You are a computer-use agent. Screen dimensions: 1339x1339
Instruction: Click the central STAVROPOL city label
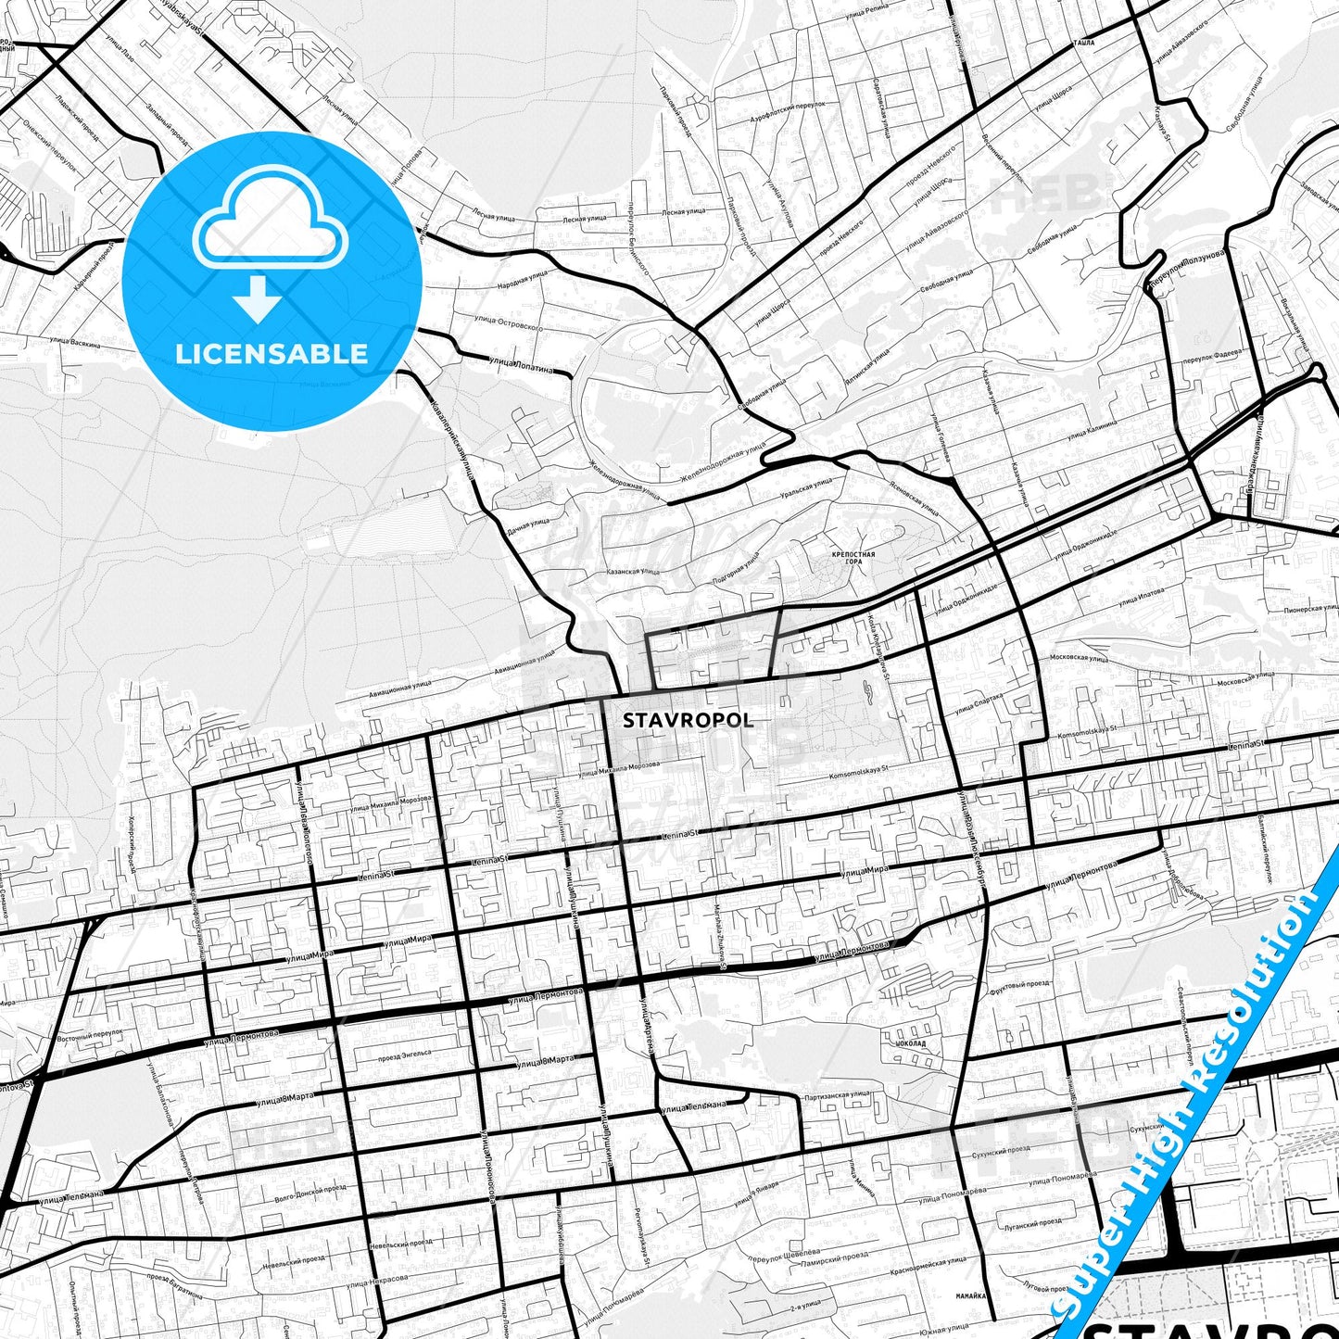[x=688, y=720]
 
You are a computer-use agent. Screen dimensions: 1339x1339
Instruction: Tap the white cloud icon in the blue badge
[x=270, y=222]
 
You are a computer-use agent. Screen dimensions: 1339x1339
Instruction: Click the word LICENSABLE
[x=272, y=353]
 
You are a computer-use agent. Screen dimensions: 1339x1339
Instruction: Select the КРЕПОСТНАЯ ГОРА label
[x=853, y=557]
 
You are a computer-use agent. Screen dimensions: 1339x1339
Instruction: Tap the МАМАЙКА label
[x=972, y=1295]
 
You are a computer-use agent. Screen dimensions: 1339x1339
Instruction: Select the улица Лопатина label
[x=520, y=364]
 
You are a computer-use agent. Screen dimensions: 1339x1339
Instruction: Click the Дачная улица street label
[x=528, y=526]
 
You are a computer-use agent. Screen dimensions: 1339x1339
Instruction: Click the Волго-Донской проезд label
[x=310, y=1190]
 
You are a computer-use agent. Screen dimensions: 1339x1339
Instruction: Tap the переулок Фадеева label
[x=1211, y=355]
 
